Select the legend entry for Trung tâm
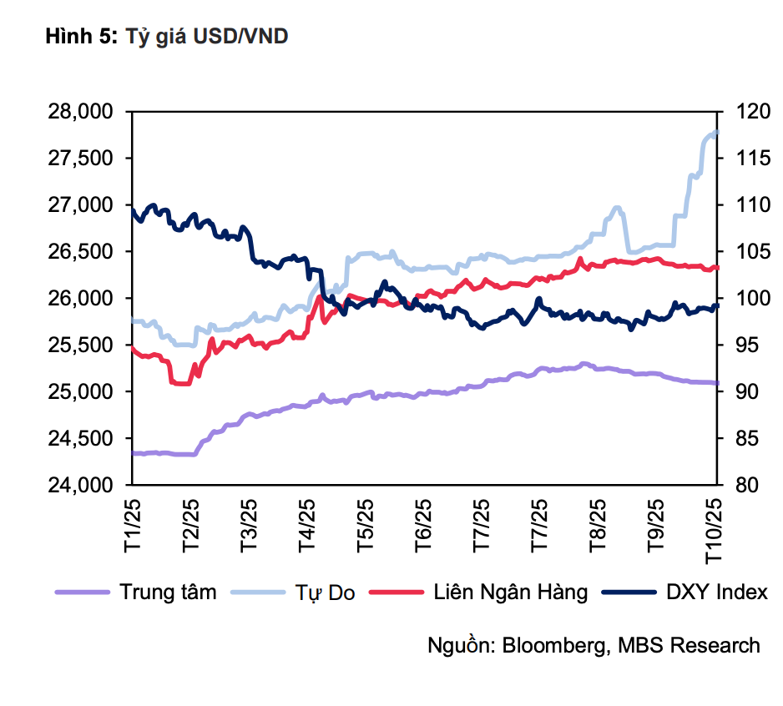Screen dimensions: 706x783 coord(168,593)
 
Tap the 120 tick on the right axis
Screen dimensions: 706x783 coord(745,112)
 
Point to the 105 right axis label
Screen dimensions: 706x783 coord(745,252)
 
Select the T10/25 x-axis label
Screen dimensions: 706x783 coord(715,529)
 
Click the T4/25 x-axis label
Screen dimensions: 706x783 coord(307,525)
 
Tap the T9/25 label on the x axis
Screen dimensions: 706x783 coord(657,525)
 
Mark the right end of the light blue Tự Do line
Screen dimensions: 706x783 coord(717,132)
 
